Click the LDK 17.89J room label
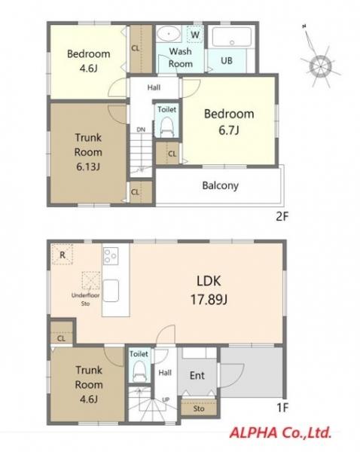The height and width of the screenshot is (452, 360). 209,290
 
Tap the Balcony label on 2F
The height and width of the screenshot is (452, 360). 220,185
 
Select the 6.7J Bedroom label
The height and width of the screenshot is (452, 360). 229,122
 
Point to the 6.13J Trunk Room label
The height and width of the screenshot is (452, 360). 88,152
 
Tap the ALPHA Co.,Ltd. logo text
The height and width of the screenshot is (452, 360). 280,433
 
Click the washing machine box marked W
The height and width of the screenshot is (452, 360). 195,35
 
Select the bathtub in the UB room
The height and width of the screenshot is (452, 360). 232,37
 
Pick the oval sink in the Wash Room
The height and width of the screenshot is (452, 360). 169,34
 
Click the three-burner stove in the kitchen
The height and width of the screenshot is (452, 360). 111,255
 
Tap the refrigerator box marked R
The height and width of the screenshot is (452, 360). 63,255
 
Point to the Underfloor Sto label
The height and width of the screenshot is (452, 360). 85,300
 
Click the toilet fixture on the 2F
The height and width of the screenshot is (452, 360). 166,127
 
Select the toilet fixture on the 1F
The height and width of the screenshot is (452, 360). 139,371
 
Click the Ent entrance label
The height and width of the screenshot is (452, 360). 197,375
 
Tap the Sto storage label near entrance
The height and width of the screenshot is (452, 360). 199,408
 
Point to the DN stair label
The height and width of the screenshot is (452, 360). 141,130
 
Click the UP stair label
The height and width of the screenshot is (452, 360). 166,400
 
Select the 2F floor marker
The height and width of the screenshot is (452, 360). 282,216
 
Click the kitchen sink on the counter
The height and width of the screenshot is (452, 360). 111,290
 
